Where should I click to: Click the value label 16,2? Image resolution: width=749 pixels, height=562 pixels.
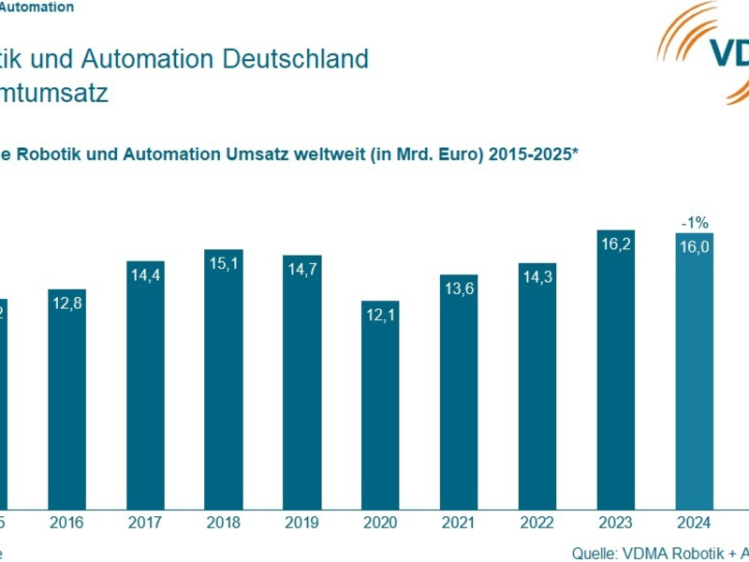[x=616, y=245]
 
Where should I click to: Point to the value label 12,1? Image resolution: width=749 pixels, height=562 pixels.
[x=380, y=317]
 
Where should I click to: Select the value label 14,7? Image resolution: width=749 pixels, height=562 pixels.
[x=302, y=271]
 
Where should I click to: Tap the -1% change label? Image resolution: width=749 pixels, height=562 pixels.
[x=694, y=222]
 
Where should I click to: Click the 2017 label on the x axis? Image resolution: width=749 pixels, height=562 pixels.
[x=145, y=522]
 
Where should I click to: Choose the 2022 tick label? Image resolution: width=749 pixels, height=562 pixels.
[x=537, y=522]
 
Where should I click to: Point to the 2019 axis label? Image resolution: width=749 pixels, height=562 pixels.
[x=302, y=522]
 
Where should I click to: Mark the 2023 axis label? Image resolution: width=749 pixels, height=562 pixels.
[x=616, y=522]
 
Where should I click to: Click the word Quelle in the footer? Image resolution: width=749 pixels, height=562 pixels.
[x=594, y=552]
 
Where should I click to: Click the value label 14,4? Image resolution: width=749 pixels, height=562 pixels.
[x=145, y=277]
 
